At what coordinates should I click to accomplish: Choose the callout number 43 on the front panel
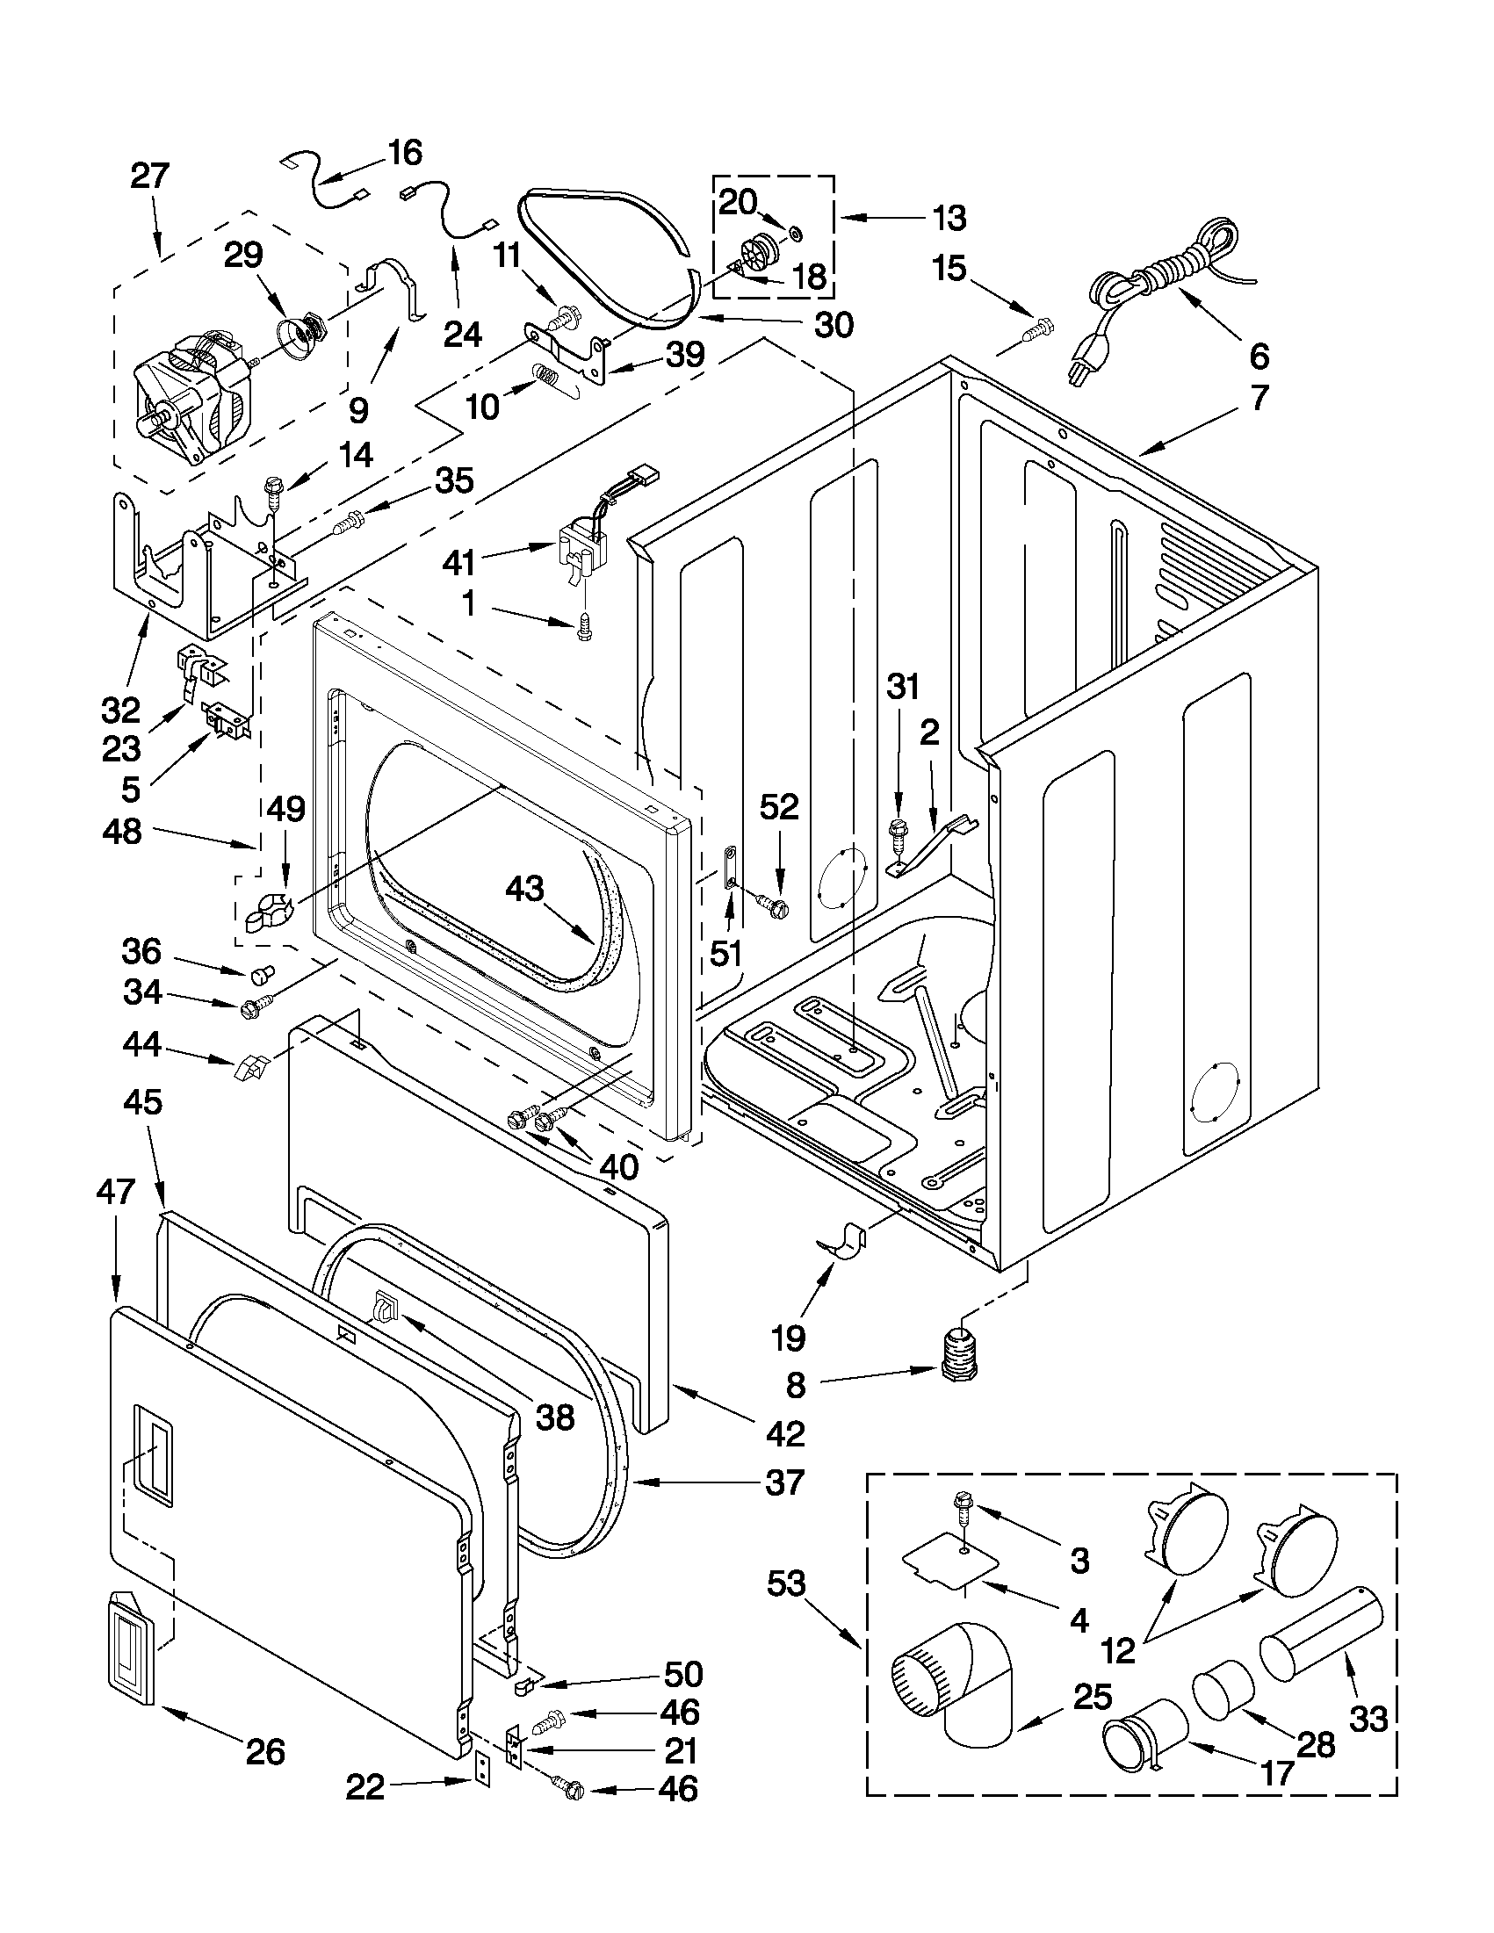point(524,888)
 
